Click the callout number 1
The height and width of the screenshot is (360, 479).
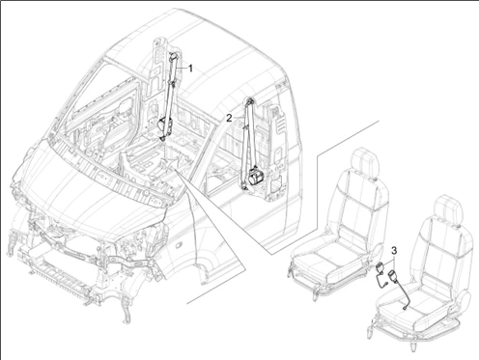[190, 69]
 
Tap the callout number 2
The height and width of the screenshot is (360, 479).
[229, 118]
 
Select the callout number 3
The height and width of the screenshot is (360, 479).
[394, 250]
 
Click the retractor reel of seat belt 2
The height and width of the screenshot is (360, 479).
[254, 177]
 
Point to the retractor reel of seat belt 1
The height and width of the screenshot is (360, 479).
[162, 124]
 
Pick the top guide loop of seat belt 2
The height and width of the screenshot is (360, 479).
[249, 101]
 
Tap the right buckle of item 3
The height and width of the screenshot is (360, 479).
[393, 276]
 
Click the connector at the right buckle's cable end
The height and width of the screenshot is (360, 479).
[405, 308]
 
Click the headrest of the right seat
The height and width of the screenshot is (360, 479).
[448, 209]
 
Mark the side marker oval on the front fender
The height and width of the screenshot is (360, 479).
[177, 246]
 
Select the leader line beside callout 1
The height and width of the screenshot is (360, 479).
[182, 69]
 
